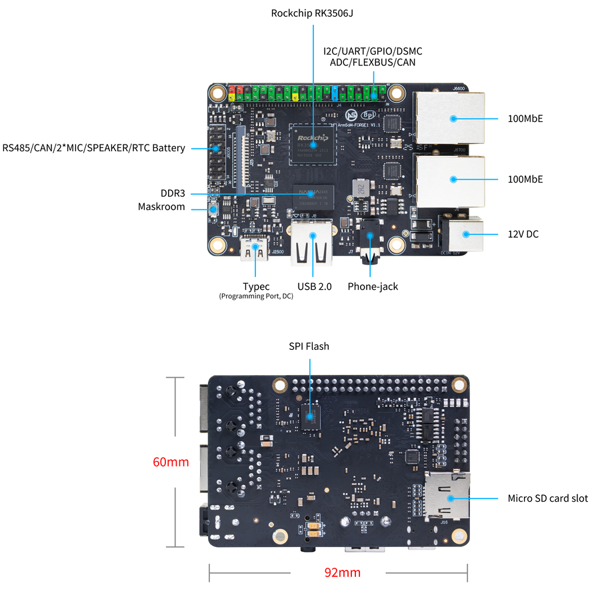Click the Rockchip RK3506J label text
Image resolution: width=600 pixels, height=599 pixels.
(312, 13)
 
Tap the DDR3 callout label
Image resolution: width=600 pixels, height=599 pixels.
(173, 193)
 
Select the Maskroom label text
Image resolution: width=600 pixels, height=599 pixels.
(161, 207)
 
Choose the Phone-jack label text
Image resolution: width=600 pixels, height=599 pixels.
(373, 287)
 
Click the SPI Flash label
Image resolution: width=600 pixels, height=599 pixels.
(309, 346)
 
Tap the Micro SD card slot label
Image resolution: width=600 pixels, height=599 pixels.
(548, 498)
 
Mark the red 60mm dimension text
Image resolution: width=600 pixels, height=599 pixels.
(171, 462)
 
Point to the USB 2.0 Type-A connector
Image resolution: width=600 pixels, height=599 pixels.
(312, 247)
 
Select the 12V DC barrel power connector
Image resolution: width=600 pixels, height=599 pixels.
(462, 235)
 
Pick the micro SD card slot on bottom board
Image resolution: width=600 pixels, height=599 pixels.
(448, 496)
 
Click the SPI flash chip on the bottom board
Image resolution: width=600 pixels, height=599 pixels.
(309, 417)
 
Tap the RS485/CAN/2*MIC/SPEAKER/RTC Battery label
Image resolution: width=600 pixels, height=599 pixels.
(94, 148)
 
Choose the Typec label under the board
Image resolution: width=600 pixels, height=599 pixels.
(256, 287)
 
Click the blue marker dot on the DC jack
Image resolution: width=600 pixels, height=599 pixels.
(465, 234)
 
